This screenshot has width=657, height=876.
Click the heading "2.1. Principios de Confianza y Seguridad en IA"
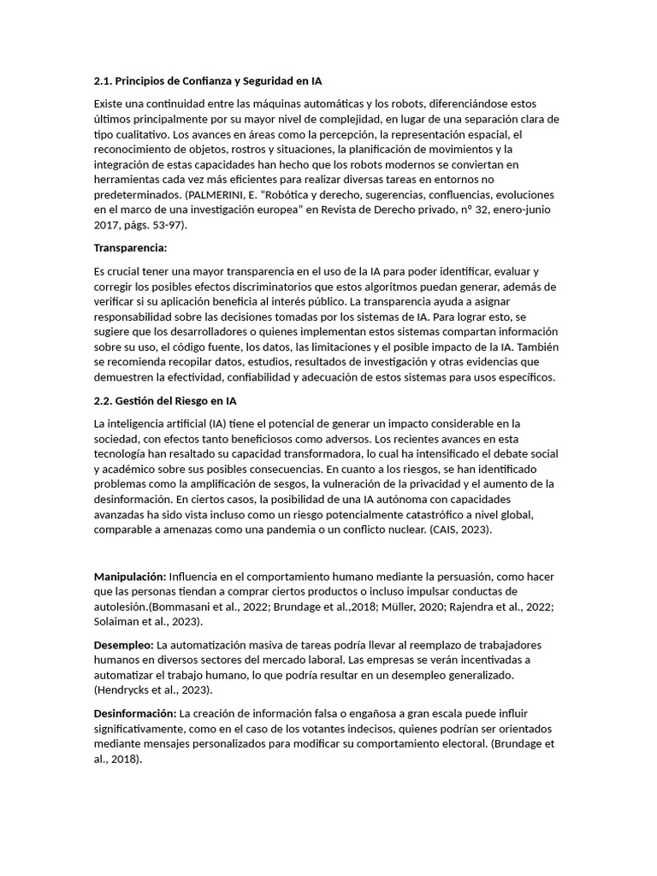(x=208, y=81)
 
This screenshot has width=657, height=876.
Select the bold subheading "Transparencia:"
(x=130, y=247)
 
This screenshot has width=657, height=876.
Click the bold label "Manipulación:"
(x=129, y=577)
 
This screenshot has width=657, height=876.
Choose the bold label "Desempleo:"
(x=123, y=644)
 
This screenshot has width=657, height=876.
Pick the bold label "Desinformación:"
(x=134, y=713)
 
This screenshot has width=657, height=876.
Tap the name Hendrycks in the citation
(x=127, y=690)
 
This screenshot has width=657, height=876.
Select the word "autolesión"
(x=121, y=607)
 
